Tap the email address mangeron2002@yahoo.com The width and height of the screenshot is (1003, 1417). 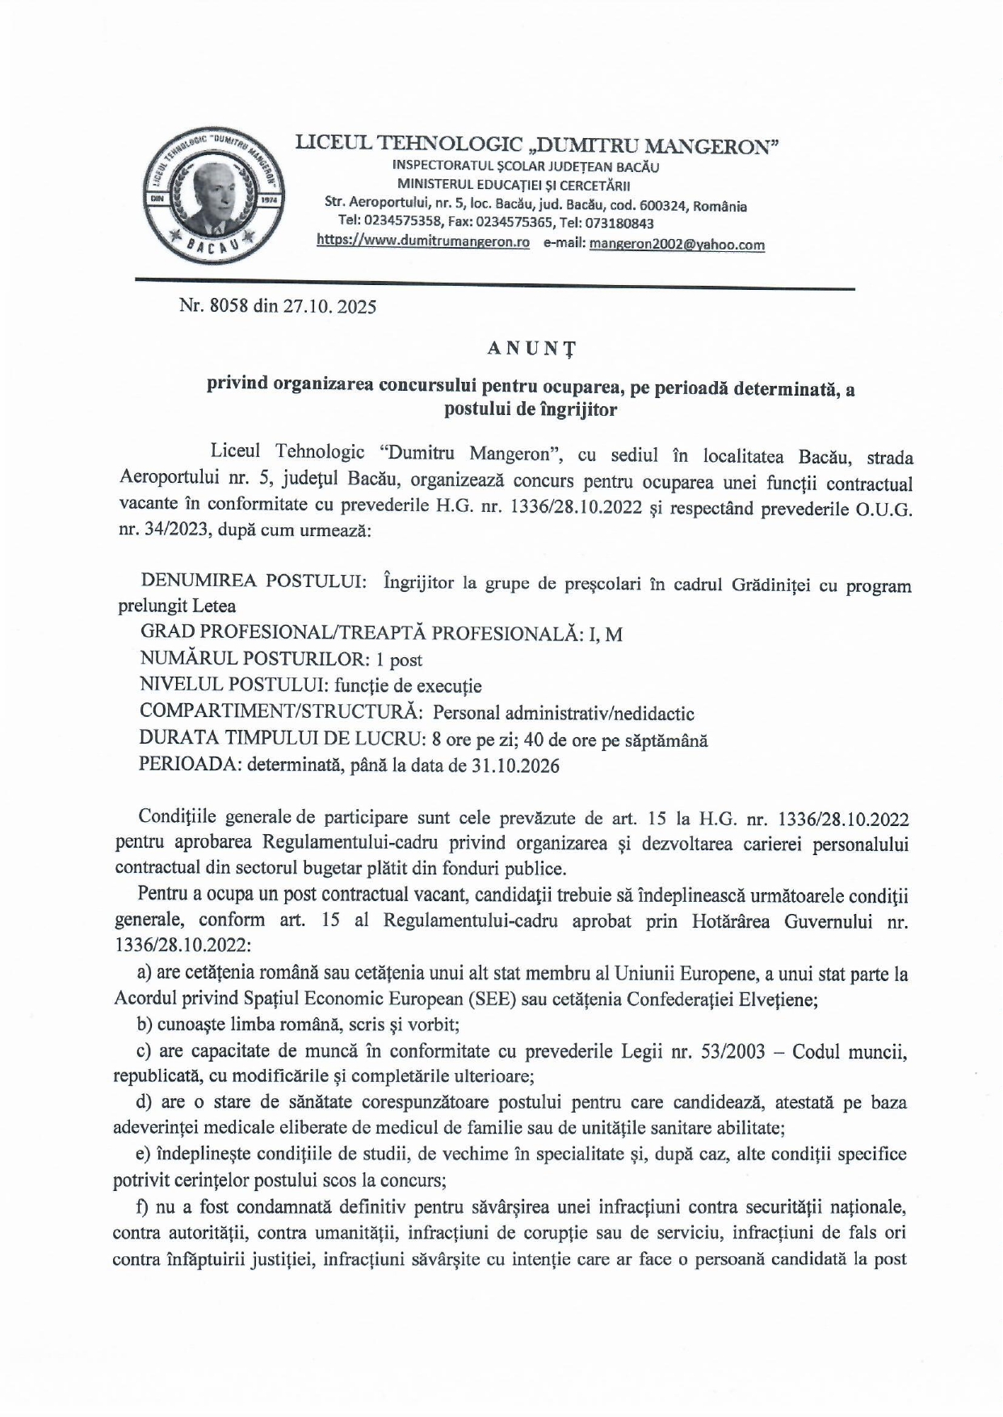[677, 244]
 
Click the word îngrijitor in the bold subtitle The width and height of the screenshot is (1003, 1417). [577, 409]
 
